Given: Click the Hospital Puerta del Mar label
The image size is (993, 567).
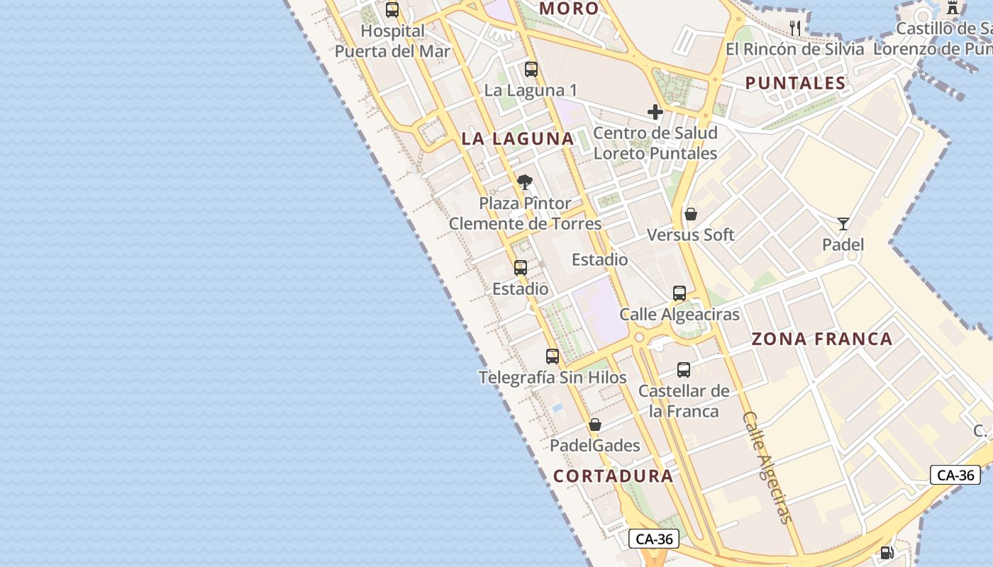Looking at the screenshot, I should point(392,41).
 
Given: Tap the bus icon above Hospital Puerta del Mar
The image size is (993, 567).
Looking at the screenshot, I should point(392,10).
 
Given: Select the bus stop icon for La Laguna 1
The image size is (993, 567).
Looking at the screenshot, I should point(531,69).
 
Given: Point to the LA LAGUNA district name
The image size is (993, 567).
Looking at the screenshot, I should point(518,139).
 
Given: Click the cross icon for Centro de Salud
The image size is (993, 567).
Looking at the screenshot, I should point(655,112).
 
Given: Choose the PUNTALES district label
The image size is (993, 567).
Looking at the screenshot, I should point(796,83).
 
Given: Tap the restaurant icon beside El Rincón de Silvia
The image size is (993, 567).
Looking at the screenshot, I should point(795,28).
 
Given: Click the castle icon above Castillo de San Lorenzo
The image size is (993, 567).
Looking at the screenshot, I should point(953,8).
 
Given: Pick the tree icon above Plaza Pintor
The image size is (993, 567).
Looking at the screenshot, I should point(525,182).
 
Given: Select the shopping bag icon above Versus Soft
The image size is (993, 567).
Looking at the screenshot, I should point(691,214).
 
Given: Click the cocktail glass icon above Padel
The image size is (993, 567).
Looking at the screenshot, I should point(843,224).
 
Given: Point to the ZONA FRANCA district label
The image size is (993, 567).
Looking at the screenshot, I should point(822,339).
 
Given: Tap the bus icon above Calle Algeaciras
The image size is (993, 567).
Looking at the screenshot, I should point(679,293).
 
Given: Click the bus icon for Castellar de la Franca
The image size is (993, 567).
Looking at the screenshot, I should point(684,370).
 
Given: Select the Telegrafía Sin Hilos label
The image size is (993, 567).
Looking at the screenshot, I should point(553,377).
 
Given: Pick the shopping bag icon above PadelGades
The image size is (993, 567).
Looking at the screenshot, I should point(595,425).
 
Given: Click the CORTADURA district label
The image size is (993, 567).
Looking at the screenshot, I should point(613,476).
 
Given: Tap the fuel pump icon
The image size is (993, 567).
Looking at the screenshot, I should point(887,553).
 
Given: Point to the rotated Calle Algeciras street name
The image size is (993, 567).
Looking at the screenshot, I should point(765,468).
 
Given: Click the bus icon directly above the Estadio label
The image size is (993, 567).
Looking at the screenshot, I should point(521,268).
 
